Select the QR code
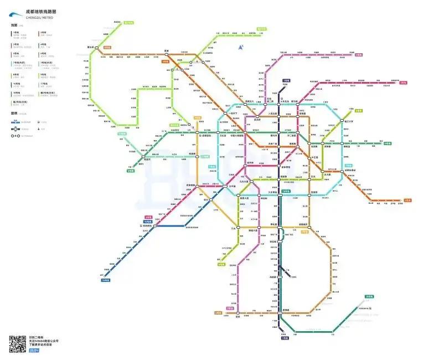click(x=18, y=344)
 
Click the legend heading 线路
click(x=13, y=25)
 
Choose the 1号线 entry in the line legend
click(x=16, y=33)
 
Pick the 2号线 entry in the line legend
click(x=43, y=33)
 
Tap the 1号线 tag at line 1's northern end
click(x=286, y=80)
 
